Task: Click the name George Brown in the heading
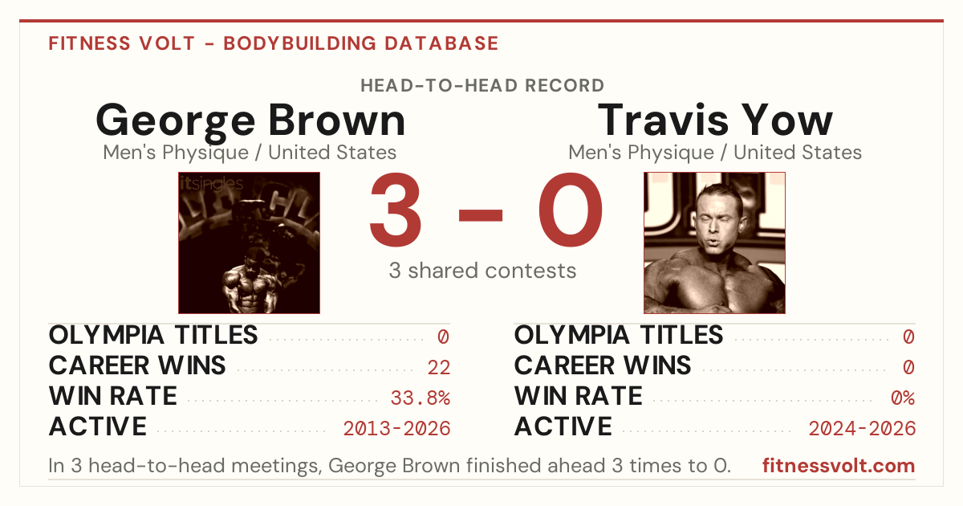pyautogui.click(x=250, y=122)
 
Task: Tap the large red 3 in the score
pyautogui.click(x=396, y=210)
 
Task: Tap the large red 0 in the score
pyautogui.click(x=570, y=210)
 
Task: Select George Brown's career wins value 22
pyautogui.click(x=438, y=368)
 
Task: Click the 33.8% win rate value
pyautogui.click(x=420, y=398)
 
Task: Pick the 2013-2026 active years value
pyautogui.click(x=396, y=429)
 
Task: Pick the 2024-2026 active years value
pyautogui.click(x=862, y=429)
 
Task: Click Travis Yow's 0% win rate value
pyautogui.click(x=903, y=398)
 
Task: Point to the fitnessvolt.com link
pyautogui.click(x=839, y=466)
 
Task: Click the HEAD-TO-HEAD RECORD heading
pyautogui.click(x=482, y=86)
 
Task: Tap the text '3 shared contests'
pyautogui.click(x=482, y=271)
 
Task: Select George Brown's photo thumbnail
pyautogui.click(x=250, y=243)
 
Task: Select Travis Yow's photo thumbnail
pyautogui.click(x=714, y=243)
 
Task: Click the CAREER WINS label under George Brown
pyautogui.click(x=137, y=365)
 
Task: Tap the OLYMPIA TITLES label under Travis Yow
pyautogui.click(x=619, y=335)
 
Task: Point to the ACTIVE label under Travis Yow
pyautogui.click(x=563, y=426)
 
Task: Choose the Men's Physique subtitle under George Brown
pyautogui.click(x=176, y=153)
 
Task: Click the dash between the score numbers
pyautogui.click(x=481, y=215)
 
